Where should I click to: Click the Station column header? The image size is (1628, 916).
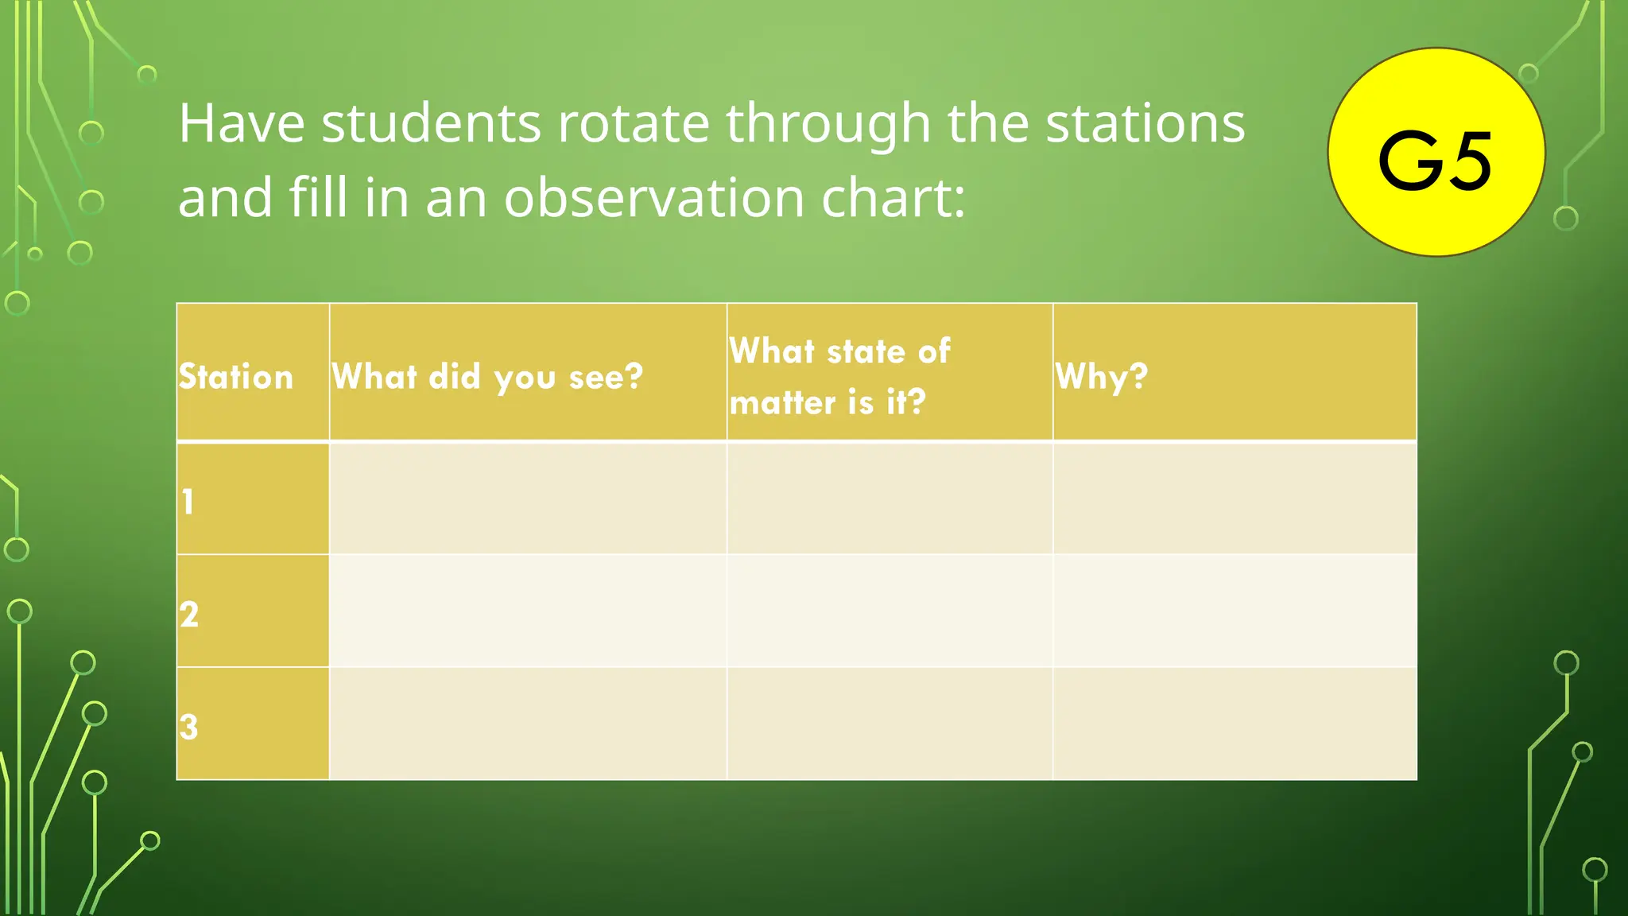tap(236, 376)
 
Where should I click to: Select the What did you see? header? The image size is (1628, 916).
tap(487, 376)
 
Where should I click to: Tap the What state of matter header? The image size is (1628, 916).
tap(839, 376)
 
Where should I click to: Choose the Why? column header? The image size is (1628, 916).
tap(1102, 376)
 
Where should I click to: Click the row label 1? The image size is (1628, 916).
tap(188, 502)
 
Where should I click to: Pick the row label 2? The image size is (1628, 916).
tap(189, 614)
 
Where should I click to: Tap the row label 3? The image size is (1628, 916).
tap(188, 726)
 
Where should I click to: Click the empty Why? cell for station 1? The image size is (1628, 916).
tap(1235, 499)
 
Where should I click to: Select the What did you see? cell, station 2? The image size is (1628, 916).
tap(528, 611)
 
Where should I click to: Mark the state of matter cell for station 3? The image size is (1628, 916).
tap(890, 724)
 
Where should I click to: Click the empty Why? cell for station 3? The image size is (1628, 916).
tap(1235, 724)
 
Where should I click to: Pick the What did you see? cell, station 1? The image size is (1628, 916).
tap(528, 499)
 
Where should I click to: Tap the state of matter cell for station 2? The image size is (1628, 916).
tap(890, 611)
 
